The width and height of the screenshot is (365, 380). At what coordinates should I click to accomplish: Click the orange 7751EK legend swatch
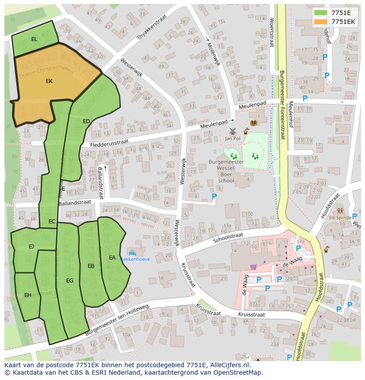click(x=321, y=22)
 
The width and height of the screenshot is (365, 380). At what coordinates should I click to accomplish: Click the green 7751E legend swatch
click(x=321, y=13)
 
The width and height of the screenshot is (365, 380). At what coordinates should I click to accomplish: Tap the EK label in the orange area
click(x=49, y=81)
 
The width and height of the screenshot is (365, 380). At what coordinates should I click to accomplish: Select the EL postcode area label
click(x=34, y=39)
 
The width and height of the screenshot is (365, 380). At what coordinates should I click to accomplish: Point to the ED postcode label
click(x=86, y=121)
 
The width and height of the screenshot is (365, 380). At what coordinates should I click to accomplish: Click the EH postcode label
click(x=28, y=295)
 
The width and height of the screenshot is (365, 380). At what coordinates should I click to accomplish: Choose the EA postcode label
click(x=112, y=258)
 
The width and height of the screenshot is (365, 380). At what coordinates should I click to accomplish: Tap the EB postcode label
click(x=91, y=266)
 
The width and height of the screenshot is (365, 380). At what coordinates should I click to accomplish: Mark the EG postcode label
click(x=70, y=281)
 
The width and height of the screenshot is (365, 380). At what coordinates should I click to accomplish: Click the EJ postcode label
click(x=31, y=247)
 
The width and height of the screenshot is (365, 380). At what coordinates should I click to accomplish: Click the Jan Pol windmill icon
click(x=233, y=132)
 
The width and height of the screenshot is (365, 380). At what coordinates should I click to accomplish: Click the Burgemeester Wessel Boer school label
click(x=226, y=171)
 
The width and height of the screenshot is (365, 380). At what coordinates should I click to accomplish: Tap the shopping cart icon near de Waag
click(x=253, y=267)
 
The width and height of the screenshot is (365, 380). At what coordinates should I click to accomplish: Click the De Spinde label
click(x=340, y=218)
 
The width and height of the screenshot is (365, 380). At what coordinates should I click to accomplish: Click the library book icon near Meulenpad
click(x=254, y=123)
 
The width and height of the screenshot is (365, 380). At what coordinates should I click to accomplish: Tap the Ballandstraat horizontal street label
click(x=75, y=203)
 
